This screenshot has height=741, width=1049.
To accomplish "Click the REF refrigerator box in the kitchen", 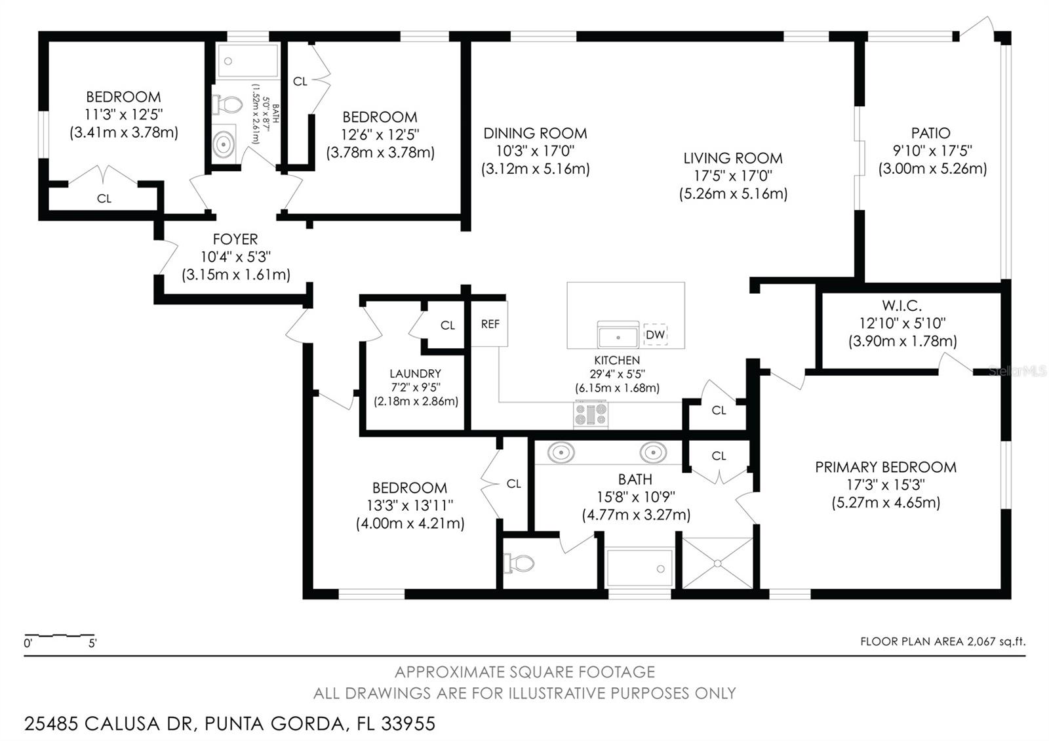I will (490, 324).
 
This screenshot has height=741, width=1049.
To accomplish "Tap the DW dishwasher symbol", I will (655, 334).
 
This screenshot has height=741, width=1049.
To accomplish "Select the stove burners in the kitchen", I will (591, 414).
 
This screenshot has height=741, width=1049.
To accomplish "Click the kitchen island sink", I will (618, 336).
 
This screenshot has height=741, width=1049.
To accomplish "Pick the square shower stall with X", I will (718, 563).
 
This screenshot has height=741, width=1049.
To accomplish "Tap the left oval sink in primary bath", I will (561, 452).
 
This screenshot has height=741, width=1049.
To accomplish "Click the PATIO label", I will (930, 133).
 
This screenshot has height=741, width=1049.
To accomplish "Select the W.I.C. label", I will (901, 306).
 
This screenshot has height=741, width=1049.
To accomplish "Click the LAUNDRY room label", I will (415, 374).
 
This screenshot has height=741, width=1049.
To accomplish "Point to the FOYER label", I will (235, 239).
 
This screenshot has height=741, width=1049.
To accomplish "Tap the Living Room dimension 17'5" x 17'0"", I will (733, 176).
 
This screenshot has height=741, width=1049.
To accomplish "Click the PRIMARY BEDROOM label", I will (886, 467).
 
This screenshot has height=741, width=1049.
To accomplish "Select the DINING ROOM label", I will (535, 133).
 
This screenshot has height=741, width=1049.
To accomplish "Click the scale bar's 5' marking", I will (92, 643).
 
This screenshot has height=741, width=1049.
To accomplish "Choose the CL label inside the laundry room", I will (447, 325).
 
